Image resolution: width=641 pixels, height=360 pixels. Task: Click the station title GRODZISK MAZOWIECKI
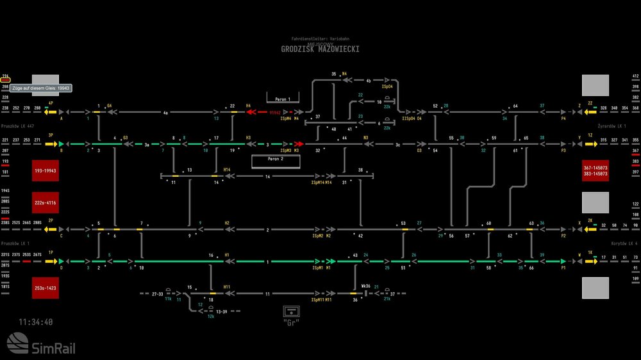(x=320, y=49)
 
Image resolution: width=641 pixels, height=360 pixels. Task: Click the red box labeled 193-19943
(x=46, y=171)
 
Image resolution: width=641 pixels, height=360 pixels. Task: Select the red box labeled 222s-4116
(x=46, y=202)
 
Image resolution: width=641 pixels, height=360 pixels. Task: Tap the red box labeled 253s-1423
(x=46, y=288)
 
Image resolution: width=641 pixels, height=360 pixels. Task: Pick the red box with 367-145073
(x=595, y=171)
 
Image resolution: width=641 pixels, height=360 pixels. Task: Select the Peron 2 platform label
(x=276, y=158)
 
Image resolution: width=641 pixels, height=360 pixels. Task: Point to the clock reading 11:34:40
(x=36, y=322)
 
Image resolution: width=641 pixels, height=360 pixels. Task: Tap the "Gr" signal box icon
(x=292, y=313)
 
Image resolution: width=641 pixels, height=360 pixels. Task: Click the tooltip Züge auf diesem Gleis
(x=40, y=88)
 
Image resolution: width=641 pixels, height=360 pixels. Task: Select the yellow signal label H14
(x=227, y=170)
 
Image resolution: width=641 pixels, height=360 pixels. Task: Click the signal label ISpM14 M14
(x=322, y=183)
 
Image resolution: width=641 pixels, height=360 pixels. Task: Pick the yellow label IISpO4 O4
(x=412, y=119)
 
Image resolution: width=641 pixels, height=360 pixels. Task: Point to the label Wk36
(x=366, y=286)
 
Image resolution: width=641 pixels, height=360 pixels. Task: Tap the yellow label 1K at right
(x=590, y=252)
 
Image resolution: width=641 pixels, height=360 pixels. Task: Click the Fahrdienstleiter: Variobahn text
(x=320, y=40)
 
